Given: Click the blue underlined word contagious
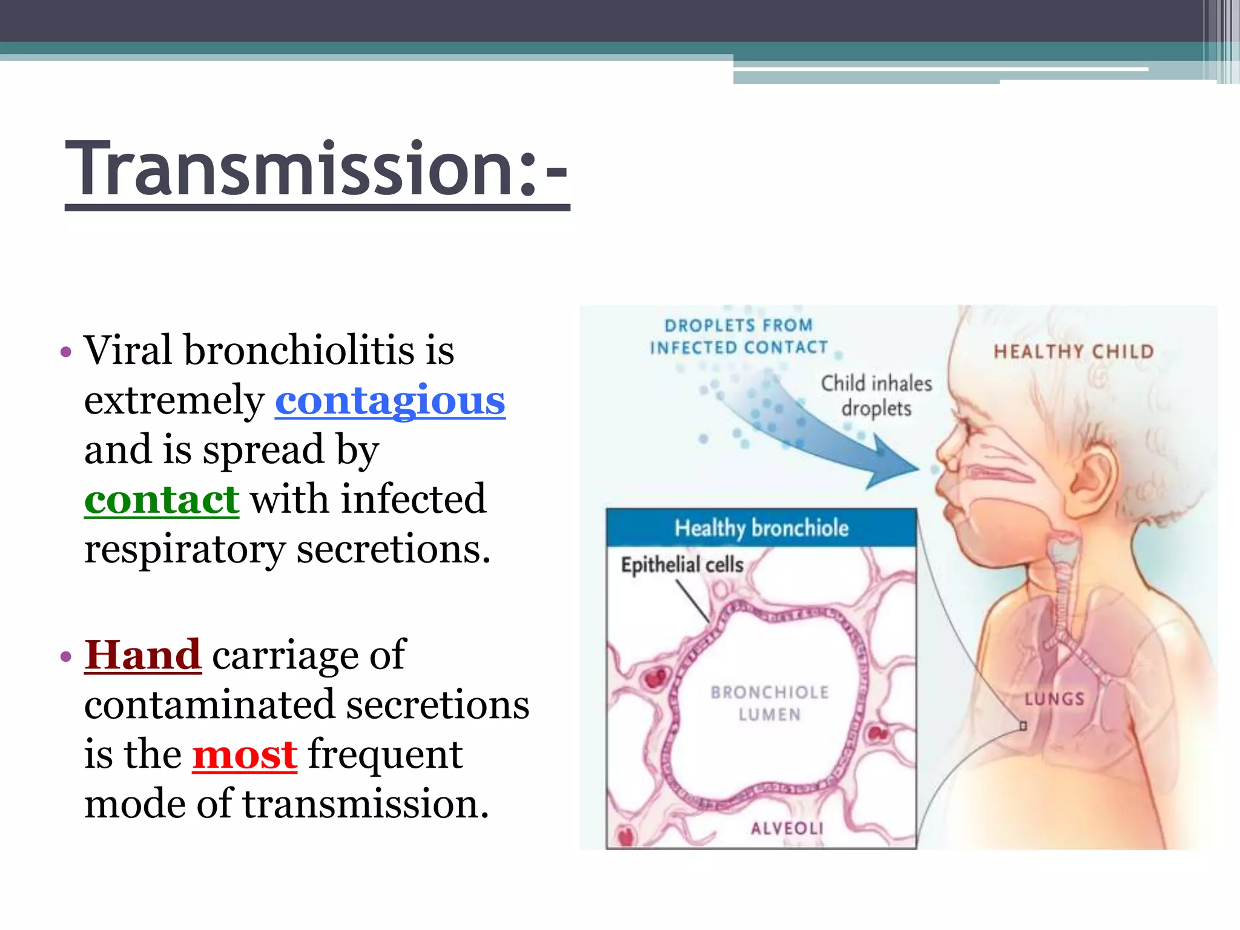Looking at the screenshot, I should point(390,401).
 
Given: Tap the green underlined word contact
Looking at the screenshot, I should point(162,500).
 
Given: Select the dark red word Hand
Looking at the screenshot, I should point(142,655).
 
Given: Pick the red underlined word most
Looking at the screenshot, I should point(245,755).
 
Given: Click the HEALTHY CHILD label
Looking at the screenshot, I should point(1073,352).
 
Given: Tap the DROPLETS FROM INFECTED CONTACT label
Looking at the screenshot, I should point(739,337).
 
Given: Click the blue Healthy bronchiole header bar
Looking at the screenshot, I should point(761,528).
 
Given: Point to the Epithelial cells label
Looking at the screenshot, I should point(682,565).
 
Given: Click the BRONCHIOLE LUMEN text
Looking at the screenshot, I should point(770,704).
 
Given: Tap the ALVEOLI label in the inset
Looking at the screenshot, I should point(787,828).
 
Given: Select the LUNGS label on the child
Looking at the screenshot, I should point(1054,699).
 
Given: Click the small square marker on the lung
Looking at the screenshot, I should point(1023,725).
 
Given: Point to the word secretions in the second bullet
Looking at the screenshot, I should point(438,705).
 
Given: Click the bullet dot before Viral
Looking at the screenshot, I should point(66,352).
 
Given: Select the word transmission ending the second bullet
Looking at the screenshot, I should point(365,805).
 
